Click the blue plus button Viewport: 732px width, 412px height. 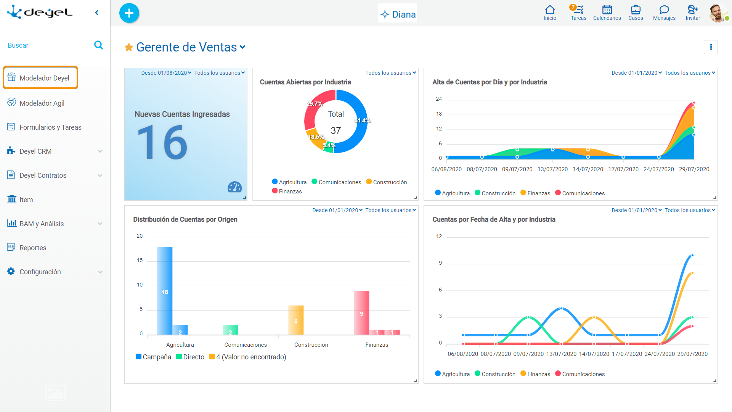tap(129, 13)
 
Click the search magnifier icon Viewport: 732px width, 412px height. tap(98, 45)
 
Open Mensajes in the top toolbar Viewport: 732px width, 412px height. tap(664, 13)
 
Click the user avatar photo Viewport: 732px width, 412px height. tap(718, 13)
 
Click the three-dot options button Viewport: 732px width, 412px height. tap(711, 47)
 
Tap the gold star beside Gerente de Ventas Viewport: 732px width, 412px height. tap(129, 47)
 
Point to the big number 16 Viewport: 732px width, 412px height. tap(162, 143)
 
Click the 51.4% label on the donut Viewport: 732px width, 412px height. tap(362, 121)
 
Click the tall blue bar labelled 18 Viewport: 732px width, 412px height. tap(165, 291)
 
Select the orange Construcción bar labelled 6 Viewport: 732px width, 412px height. tap(296, 320)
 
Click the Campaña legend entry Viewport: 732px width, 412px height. tap(153, 357)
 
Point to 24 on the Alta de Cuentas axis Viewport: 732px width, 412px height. tap(439, 99)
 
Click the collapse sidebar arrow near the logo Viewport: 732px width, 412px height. tap(97, 13)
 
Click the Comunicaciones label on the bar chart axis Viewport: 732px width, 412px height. tap(246, 345)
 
